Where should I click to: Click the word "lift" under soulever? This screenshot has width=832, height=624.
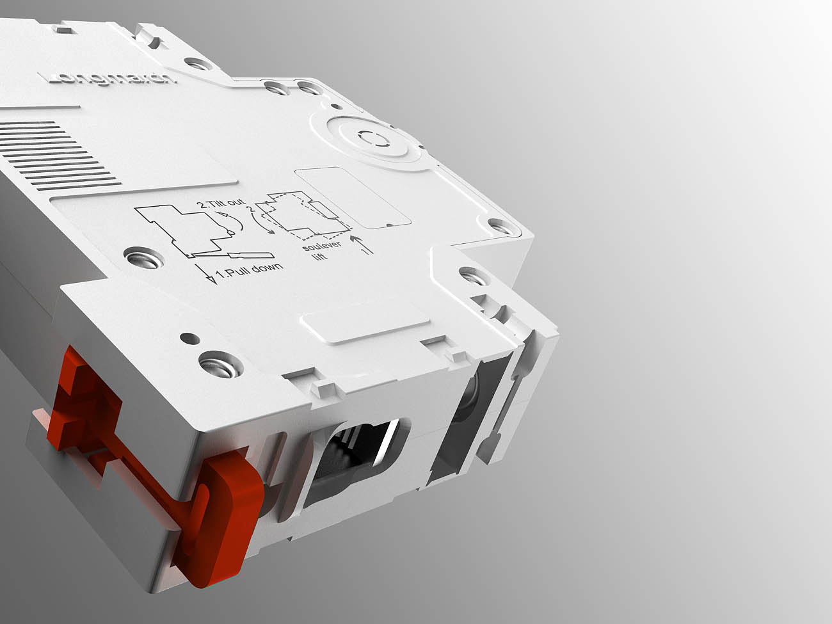(318, 257)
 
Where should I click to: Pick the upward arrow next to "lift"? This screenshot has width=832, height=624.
(362, 245)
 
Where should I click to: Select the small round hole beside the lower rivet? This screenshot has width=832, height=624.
(187, 337)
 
